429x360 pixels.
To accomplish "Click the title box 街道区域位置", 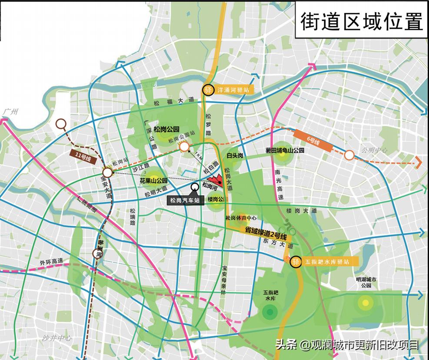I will coord(362,21).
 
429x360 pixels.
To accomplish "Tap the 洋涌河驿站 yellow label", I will coord(233,90).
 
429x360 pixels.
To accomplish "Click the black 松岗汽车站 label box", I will coord(185,200).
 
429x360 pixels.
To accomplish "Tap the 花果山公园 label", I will coord(153,180).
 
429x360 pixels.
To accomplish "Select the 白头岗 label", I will coord(234,155).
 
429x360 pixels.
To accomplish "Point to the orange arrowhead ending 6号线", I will coord(418,162).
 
